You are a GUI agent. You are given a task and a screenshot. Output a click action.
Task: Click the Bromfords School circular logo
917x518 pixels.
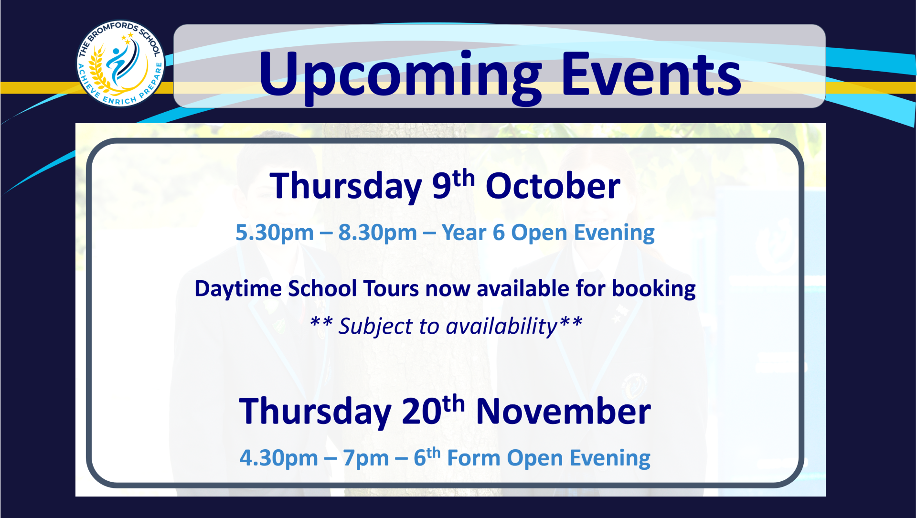[x=121, y=63]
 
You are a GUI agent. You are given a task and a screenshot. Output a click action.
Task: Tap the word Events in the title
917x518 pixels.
[x=651, y=74]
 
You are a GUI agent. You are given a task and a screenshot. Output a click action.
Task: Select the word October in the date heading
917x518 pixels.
[x=553, y=186]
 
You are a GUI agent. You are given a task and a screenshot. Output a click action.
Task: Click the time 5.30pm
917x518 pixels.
[x=275, y=233]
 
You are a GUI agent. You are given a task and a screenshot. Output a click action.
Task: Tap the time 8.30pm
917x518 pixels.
[x=378, y=233]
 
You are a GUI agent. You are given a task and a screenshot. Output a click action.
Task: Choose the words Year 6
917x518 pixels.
[x=473, y=233]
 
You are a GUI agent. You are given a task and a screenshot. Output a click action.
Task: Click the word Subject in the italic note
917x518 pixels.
[x=375, y=327]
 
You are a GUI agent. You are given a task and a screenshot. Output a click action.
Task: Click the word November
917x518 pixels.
[x=564, y=412]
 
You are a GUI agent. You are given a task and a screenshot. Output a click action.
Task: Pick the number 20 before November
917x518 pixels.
[x=421, y=411]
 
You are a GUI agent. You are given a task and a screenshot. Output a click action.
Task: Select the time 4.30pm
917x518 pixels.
[x=279, y=458]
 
